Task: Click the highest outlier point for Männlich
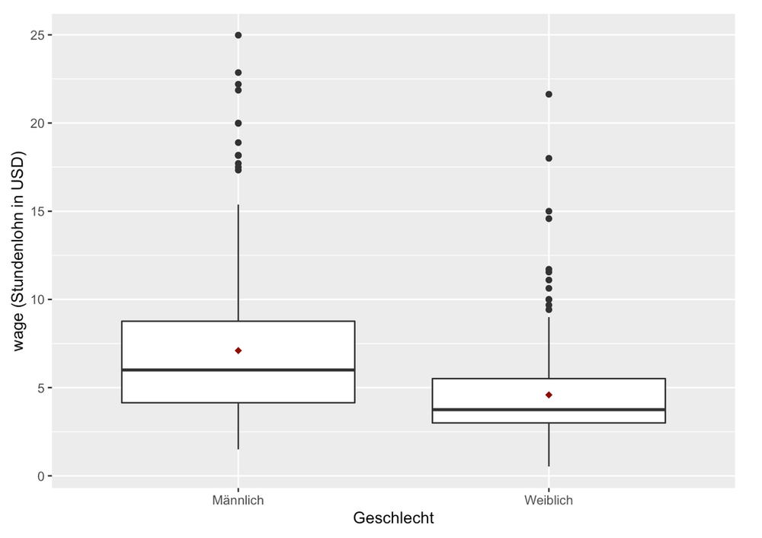pyautogui.click(x=239, y=35)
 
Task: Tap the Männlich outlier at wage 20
pyautogui.click(x=239, y=123)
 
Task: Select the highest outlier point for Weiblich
pyautogui.click(x=549, y=94)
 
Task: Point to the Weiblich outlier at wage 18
pyautogui.click(x=549, y=159)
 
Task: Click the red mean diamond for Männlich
pyautogui.click(x=239, y=351)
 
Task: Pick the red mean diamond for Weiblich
pyautogui.click(x=549, y=395)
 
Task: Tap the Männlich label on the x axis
pyautogui.click(x=239, y=501)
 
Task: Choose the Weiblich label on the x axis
pyautogui.click(x=549, y=501)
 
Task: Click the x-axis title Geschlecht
pyautogui.click(x=393, y=519)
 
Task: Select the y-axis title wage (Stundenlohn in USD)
pyautogui.click(x=19, y=251)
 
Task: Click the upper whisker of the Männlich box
pyautogui.click(x=239, y=259)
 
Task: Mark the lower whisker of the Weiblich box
pyautogui.click(x=549, y=445)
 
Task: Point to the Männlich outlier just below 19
pyautogui.click(x=239, y=143)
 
